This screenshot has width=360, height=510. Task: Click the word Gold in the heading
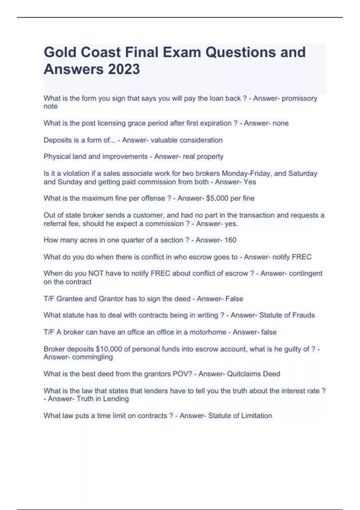[x=60, y=52]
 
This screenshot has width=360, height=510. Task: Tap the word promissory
[x=299, y=98]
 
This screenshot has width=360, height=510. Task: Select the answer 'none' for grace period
[x=281, y=123]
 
